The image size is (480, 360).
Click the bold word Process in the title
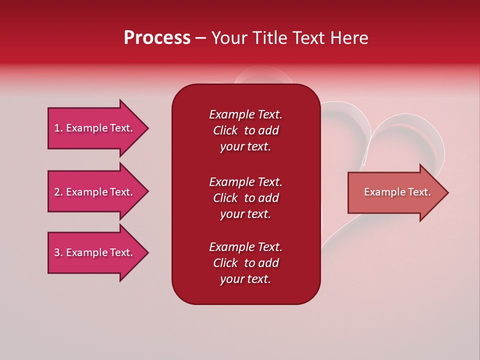157,38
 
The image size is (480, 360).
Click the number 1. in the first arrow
58,128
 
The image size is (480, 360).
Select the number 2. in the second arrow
58,192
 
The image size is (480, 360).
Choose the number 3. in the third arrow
58,252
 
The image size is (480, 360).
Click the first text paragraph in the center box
245,130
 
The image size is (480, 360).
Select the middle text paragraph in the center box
245,198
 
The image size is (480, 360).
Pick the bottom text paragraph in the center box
245,263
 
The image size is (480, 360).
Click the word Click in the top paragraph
225,130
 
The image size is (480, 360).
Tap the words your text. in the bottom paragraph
245,279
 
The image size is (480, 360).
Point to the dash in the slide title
200,38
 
